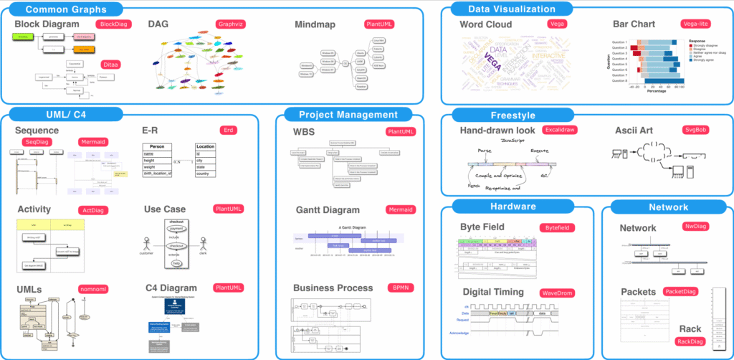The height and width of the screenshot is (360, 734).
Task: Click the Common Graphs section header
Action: tap(65, 9)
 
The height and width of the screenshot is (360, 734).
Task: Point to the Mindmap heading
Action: tap(320, 24)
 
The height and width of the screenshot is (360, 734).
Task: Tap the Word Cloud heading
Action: tap(486, 24)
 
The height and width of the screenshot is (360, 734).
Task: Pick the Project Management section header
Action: tap(348, 114)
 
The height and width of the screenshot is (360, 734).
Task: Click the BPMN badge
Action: tap(399, 287)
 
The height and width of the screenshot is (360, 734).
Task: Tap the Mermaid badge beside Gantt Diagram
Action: tap(399, 210)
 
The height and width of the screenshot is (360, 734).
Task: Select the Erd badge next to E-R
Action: tap(227, 130)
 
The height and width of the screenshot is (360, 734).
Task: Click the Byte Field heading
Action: tap(492, 227)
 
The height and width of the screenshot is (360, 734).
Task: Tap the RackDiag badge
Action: tap(691, 341)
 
